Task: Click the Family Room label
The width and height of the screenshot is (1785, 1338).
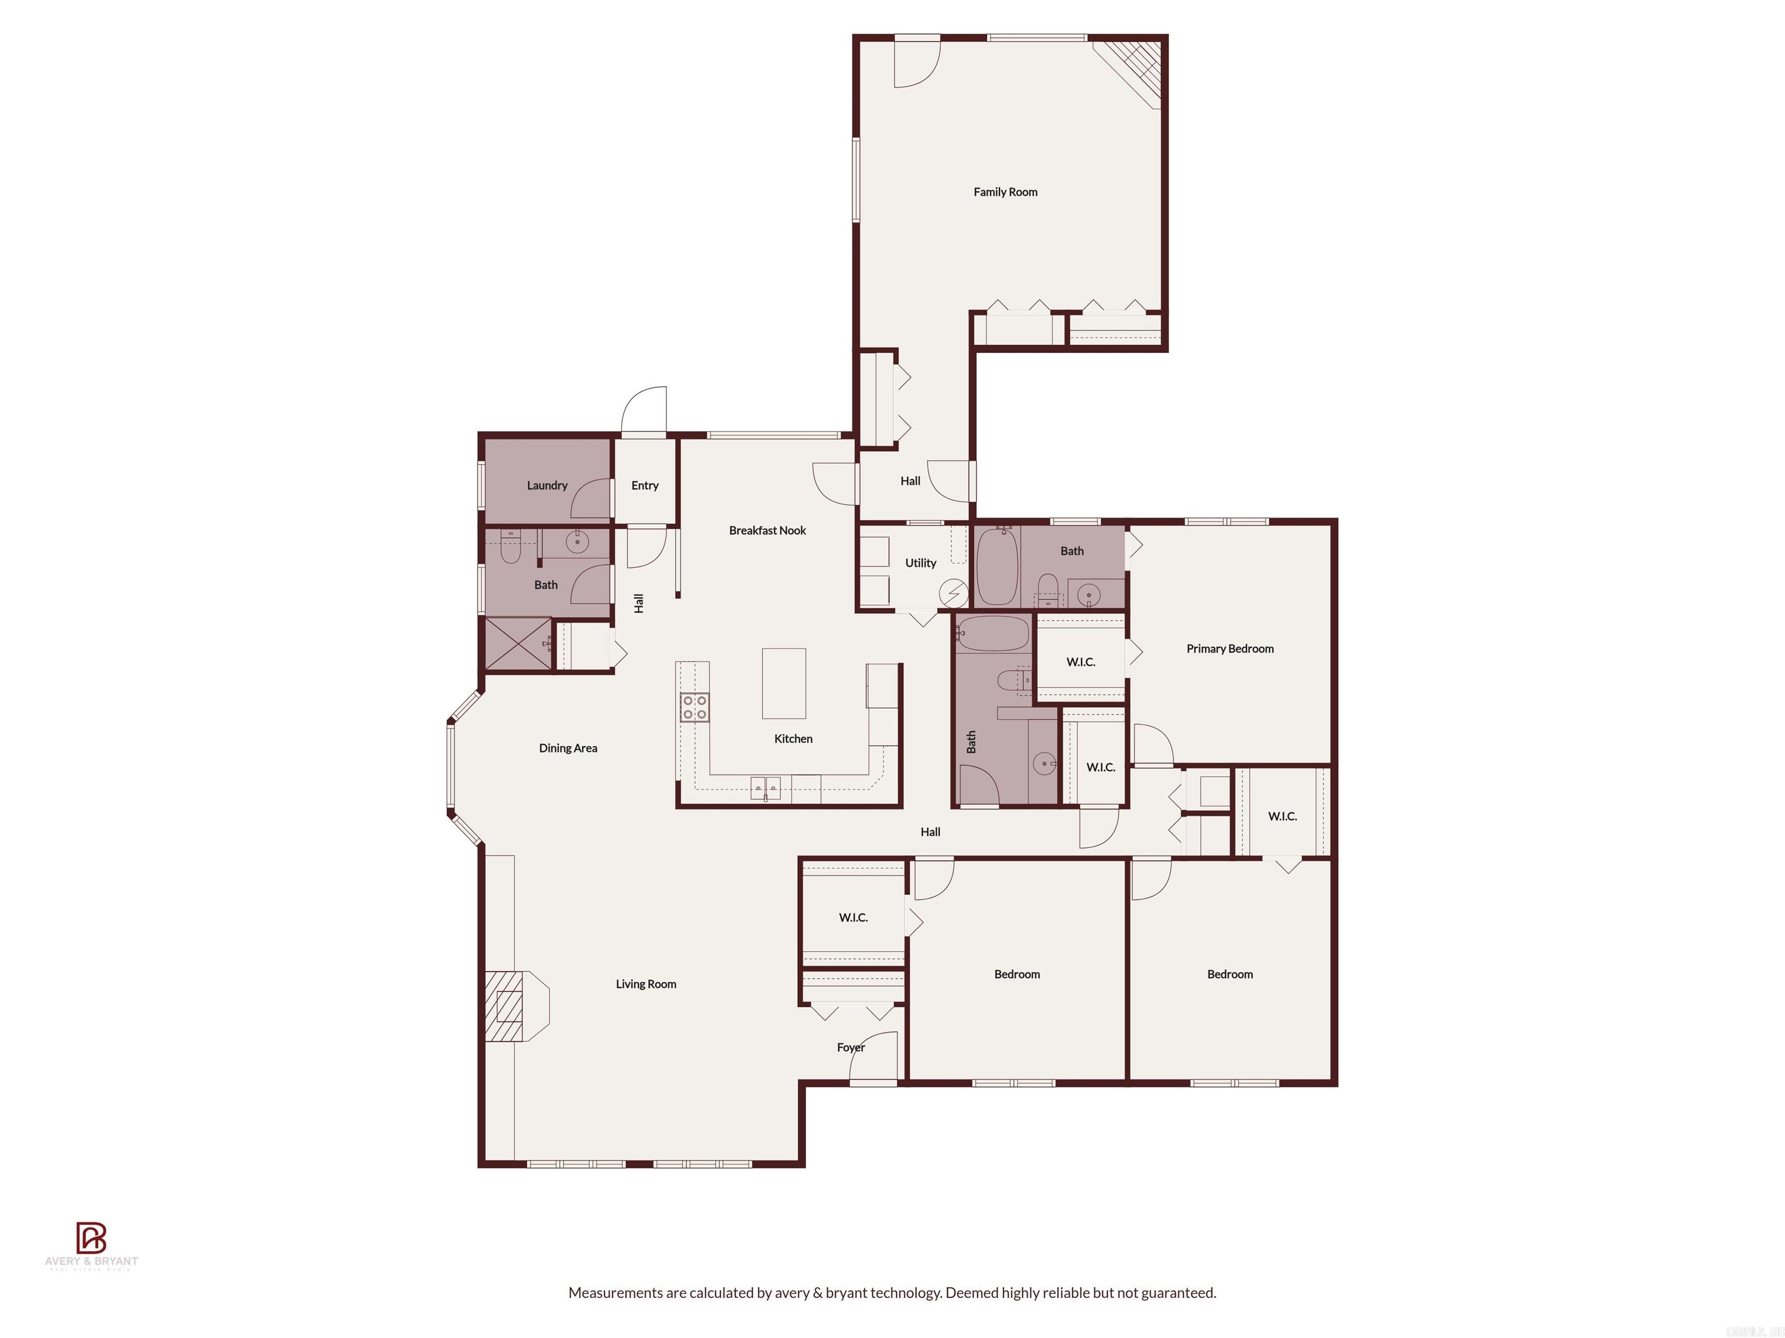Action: [1005, 192]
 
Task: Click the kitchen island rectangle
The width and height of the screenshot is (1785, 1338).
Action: [784, 683]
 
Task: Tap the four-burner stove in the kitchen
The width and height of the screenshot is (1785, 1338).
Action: [694, 707]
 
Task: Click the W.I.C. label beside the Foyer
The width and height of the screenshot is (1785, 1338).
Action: [853, 918]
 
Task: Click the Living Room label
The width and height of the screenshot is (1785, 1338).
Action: [646, 984]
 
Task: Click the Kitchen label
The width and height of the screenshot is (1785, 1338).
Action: [793, 739]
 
